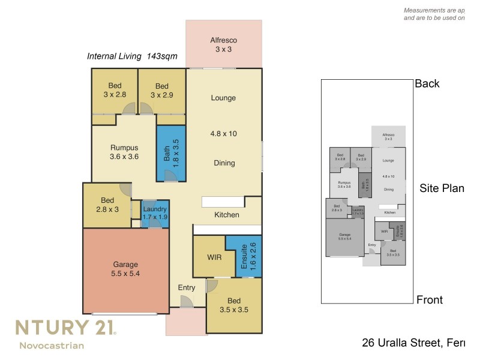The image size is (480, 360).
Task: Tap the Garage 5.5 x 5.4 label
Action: tap(125, 269)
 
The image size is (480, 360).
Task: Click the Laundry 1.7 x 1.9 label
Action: tap(155, 214)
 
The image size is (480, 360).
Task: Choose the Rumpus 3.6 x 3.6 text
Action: tap(124, 152)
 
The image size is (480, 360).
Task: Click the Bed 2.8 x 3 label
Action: tap(108, 205)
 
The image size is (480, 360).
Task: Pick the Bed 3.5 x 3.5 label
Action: tap(235, 305)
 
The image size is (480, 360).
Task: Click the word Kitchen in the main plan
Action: tap(227, 215)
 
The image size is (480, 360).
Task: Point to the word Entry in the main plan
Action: tap(187, 288)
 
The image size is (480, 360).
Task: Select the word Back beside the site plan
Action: tap(427, 83)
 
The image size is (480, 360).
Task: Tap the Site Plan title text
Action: tap(442, 188)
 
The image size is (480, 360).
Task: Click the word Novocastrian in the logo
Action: tap(52, 345)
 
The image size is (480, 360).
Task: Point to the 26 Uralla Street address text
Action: tap(413, 343)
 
